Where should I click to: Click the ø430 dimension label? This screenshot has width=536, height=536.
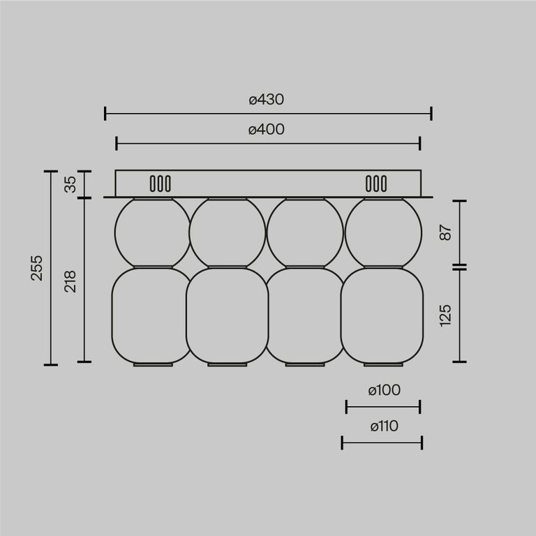tap(267, 99)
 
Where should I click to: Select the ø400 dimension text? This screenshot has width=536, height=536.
tap(267, 129)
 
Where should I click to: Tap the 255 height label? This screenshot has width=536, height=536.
tap(37, 268)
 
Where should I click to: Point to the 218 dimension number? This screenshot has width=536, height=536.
tap(70, 281)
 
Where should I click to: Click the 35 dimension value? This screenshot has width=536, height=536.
tap(70, 185)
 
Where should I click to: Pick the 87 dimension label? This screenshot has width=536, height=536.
tap(446, 233)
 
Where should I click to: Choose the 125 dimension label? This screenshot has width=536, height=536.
tap(446, 315)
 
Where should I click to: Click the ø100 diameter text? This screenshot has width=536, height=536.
tap(383, 390)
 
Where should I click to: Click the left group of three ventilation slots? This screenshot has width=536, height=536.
tap(160, 184)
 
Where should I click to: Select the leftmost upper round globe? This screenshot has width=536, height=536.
tap(152, 232)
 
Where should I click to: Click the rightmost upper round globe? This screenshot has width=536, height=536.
tap(383, 232)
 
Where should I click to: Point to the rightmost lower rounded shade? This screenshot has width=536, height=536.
tap(382, 315)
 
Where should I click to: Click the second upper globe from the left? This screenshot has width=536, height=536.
tap(228, 232)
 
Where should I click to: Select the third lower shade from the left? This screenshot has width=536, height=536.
tap(305, 315)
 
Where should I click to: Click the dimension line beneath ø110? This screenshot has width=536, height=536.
tap(382, 442)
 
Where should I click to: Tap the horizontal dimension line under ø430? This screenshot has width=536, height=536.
tap(268, 114)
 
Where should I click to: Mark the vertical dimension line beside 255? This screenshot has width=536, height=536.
tap(51, 268)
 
